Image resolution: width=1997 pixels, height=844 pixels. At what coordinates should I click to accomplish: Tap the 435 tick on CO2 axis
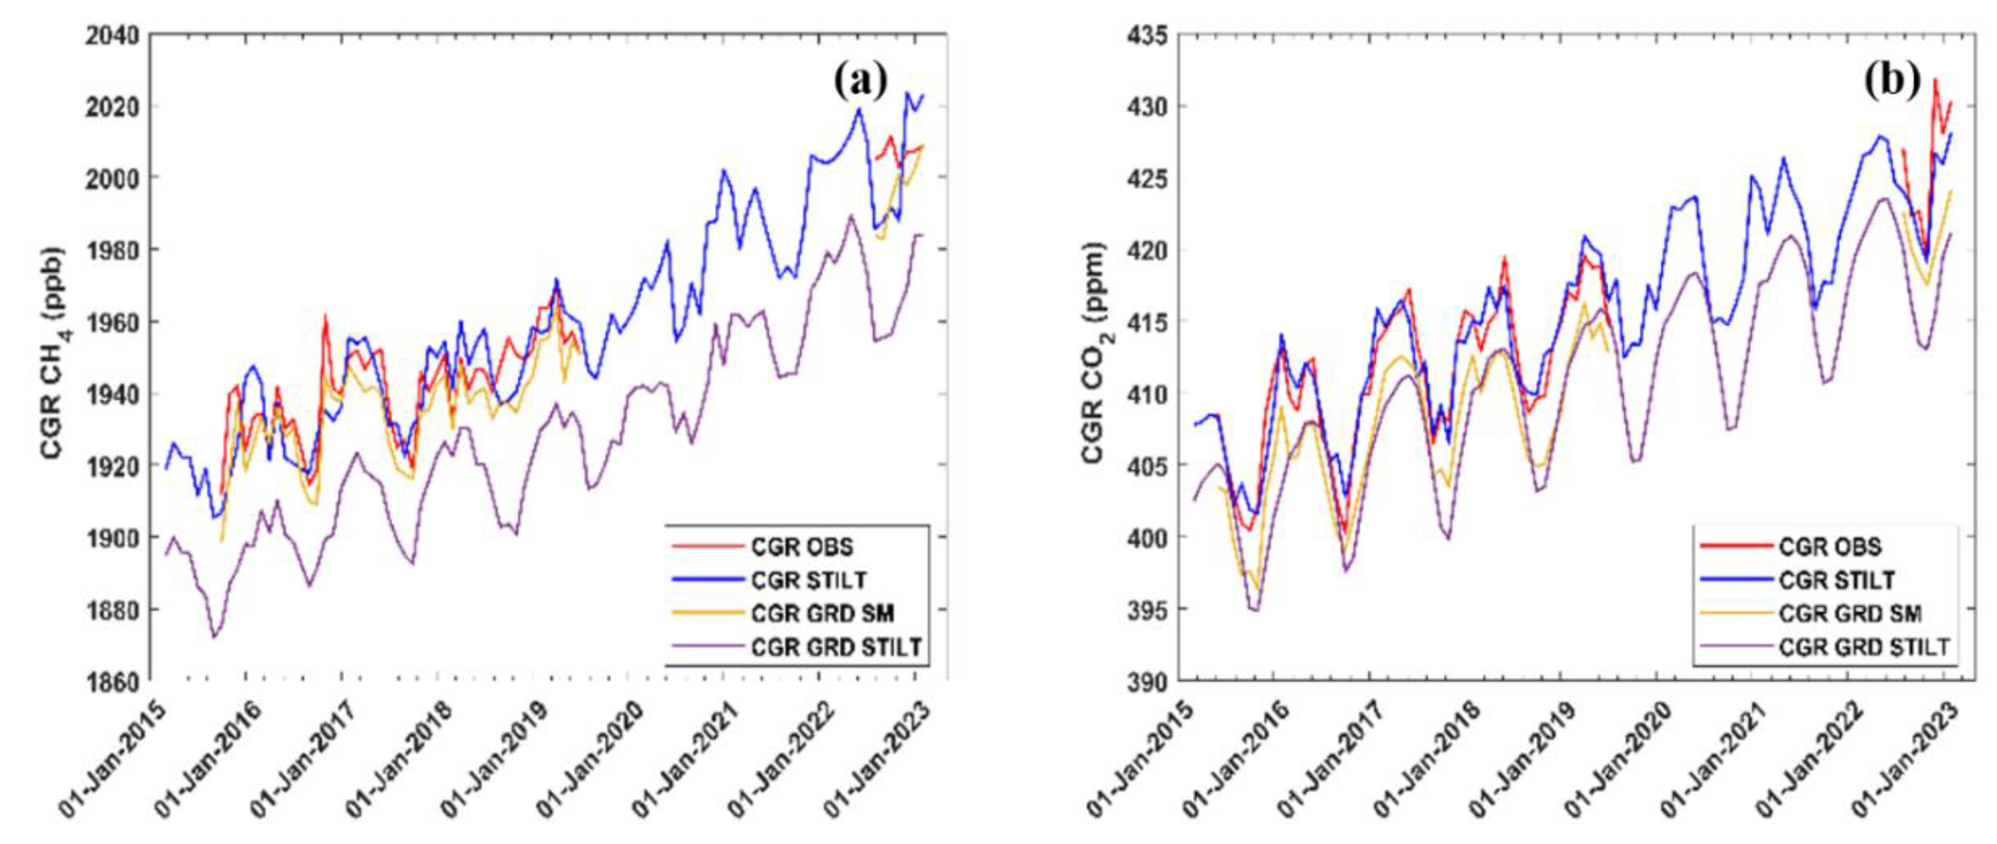[1147, 36]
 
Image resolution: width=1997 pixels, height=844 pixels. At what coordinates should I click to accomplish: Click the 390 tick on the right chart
[1147, 682]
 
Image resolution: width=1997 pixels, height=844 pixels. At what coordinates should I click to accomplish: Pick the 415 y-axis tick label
[1147, 321]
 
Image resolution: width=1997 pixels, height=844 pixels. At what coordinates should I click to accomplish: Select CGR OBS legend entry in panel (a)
[802, 547]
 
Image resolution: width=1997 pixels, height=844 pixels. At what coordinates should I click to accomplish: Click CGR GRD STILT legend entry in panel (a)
[836, 647]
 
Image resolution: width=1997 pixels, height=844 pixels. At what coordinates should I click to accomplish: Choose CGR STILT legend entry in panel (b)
[1836, 580]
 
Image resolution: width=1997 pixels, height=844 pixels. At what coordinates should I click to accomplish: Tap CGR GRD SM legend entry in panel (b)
[1850, 614]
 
